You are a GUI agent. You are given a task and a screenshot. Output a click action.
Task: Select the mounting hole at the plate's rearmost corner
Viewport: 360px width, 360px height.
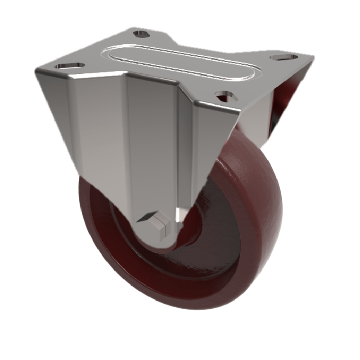click(142, 34)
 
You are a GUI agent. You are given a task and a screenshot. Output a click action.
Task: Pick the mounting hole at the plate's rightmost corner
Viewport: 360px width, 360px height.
click(284, 58)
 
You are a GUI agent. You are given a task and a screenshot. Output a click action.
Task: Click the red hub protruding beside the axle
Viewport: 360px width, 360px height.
click(191, 234)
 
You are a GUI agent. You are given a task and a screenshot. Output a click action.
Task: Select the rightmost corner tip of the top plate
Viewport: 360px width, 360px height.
click(312, 58)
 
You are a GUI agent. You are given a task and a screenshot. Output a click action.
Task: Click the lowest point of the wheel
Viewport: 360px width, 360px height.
click(180, 309)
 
